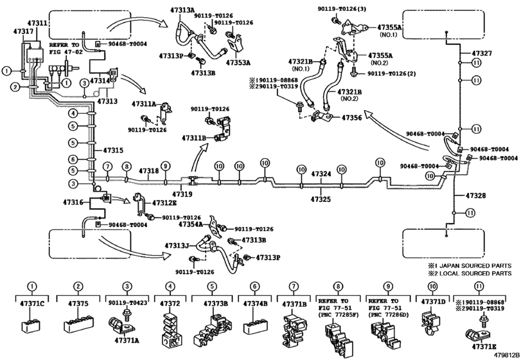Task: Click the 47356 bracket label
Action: point(351,118)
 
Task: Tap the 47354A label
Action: point(191,224)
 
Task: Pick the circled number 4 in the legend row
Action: point(170,287)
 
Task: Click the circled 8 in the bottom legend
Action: point(337,287)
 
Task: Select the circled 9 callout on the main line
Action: point(165,166)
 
